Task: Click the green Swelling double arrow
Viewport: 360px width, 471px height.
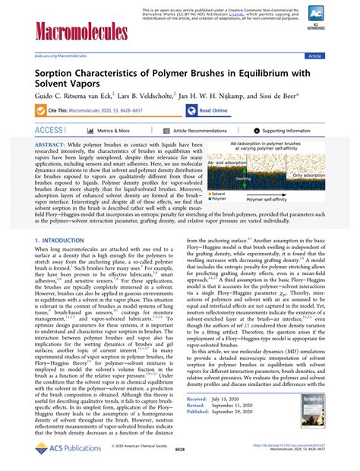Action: [244, 179]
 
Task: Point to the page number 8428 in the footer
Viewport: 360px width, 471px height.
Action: [179, 450]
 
